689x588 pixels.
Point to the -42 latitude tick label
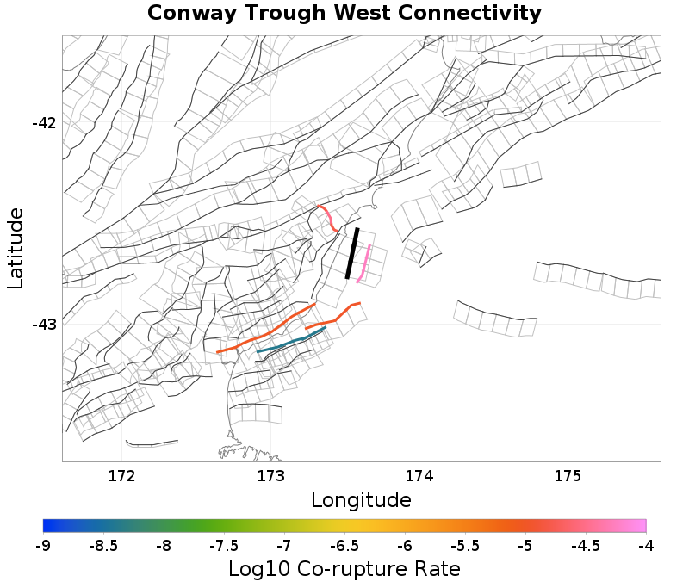pos(44,122)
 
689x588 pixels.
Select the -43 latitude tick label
pos(44,325)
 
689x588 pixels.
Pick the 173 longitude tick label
pos(270,476)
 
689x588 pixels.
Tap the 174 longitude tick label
pos(419,476)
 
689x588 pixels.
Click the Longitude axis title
pos(361,500)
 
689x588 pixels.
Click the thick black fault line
pos(352,253)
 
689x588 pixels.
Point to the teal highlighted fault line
pos(291,341)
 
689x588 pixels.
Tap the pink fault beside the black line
pos(365,263)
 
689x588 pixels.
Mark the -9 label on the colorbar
pos(43,546)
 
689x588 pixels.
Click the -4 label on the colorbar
pos(646,546)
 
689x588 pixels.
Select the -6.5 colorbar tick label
pos(344,546)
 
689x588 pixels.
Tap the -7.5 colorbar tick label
pos(224,546)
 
